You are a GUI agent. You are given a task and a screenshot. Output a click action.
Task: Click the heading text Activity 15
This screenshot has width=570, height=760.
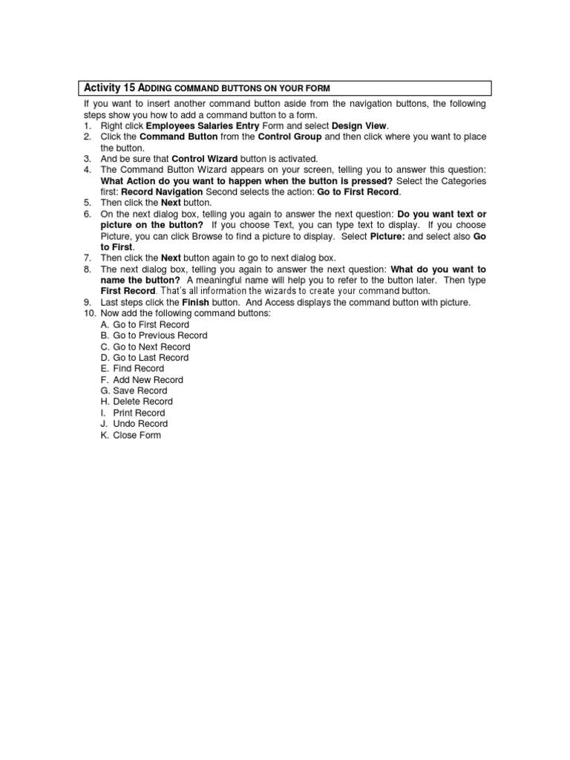point(110,88)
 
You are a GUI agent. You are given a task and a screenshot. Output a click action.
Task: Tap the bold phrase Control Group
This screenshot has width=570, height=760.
point(289,137)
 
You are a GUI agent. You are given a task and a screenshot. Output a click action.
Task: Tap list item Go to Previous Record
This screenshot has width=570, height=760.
point(160,335)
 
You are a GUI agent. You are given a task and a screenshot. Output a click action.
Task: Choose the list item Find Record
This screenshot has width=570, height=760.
point(138,368)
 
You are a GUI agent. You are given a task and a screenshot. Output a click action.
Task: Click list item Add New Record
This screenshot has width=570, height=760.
point(148,379)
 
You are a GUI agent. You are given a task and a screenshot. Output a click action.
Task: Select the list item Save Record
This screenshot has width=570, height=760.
point(140,390)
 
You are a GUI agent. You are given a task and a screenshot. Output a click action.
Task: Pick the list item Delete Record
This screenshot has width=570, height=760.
point(142,402)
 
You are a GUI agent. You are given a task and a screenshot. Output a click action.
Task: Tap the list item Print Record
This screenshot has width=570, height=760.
point(139,413)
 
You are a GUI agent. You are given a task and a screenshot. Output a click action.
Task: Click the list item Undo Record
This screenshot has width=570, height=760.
point(140,424)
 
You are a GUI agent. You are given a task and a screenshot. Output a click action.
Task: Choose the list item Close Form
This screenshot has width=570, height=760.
point(137,435)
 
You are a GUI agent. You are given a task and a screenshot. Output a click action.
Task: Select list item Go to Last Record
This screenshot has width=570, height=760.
point(151,358)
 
